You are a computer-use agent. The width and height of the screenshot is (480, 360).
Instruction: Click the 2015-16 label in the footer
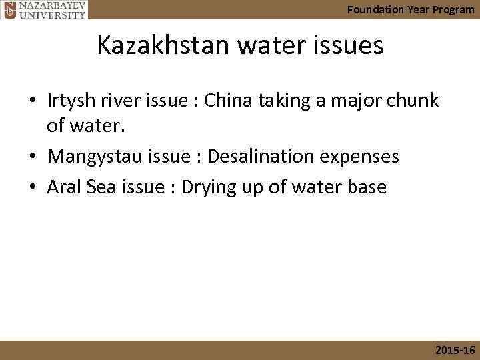tap(455, 350)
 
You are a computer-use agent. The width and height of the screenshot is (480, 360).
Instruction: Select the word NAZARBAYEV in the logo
tap(52, 5)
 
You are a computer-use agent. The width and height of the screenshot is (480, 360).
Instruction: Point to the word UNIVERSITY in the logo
tap(52, 14)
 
